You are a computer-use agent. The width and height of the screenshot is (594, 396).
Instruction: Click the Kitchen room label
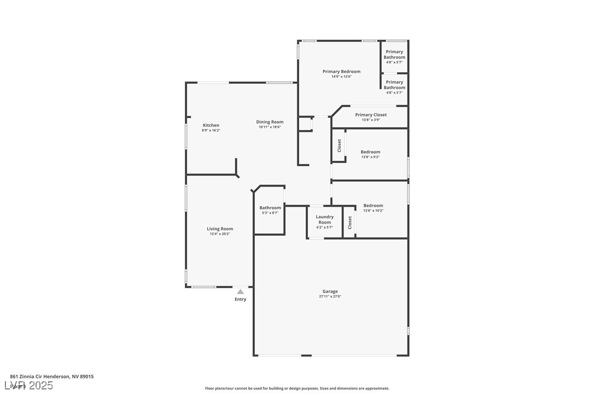[211, 125]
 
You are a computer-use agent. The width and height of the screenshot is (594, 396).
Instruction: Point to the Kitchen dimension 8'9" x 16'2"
[211, 130]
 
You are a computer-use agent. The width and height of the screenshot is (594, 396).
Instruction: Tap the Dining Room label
[270, 122]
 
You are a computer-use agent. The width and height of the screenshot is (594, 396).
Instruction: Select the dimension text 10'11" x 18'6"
[270, 127]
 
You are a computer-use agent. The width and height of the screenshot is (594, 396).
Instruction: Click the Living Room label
[219, 229]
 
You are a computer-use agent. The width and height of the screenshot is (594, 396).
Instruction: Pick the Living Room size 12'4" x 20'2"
[219, 234]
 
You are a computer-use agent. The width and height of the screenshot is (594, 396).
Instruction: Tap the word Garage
[330, 292]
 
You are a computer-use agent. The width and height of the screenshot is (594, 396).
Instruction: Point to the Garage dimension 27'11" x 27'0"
[330, 296]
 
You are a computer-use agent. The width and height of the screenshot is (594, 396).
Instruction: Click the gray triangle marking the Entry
[240, 292]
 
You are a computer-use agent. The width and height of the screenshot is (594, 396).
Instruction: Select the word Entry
[240, 299]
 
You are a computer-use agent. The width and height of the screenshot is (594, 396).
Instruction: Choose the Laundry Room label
[324, 219]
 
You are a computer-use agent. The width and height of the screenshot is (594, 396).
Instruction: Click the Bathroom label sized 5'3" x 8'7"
[270, 208]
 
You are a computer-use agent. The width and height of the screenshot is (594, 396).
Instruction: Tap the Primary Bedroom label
[341, 72]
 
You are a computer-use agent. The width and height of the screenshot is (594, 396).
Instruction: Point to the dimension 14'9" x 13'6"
[341, 77]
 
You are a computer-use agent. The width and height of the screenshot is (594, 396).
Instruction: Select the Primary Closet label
[370, 115]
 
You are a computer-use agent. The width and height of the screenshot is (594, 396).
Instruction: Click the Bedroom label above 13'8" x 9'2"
[370, 152]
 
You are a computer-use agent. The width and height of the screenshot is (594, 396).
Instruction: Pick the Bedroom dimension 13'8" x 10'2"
[373, 211]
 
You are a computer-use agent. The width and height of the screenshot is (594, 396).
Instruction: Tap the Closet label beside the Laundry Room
[350, 222]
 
